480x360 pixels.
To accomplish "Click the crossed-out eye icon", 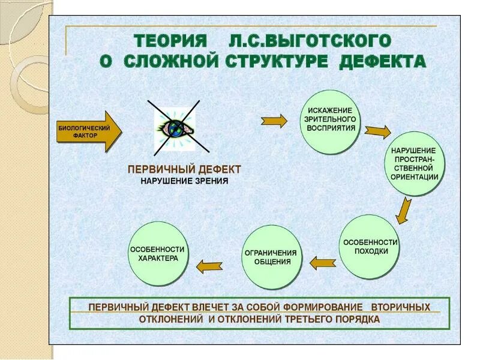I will (x=177, y=127).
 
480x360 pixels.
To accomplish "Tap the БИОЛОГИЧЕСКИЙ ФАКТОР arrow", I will (x=88, y=131).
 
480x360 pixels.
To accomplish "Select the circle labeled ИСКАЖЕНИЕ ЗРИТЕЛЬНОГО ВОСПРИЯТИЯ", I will (x=331, y=121).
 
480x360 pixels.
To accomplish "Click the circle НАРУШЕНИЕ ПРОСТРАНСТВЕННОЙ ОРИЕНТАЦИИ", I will (x=415, y=163).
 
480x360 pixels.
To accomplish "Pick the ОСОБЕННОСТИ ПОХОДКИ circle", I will (x=370, y=246).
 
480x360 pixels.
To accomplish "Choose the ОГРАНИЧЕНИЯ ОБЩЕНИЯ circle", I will (x=272, y=257).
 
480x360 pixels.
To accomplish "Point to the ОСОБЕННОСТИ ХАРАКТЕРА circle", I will (x=158, y=253).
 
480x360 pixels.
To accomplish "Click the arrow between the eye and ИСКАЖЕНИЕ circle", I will (x=274, y=120).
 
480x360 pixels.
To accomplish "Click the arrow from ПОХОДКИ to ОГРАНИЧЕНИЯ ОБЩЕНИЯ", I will (x=322, y=263).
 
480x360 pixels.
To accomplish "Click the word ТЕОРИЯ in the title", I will (x=170, y=42).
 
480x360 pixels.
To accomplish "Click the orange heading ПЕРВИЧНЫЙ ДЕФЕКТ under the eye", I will (x=184, y=170).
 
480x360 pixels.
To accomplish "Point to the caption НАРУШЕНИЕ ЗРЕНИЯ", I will (x=184, y=181).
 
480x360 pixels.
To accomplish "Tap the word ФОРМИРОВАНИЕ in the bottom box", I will (x=316, y=307).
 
